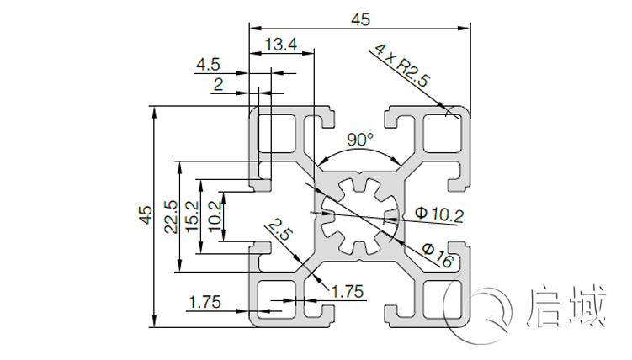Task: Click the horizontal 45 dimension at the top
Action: [359, 19]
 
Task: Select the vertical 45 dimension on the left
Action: [146, 215]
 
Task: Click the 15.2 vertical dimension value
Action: [192, 216]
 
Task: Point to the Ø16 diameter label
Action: [438, 254]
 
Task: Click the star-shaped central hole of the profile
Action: [359, 215]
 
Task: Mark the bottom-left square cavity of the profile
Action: [275, 299]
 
